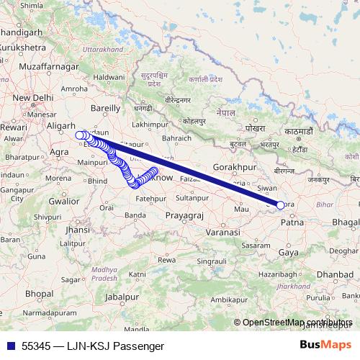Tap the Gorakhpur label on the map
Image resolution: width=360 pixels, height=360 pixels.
235,167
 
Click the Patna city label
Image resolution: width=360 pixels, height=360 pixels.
292,224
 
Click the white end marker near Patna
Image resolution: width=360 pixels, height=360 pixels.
280,204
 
